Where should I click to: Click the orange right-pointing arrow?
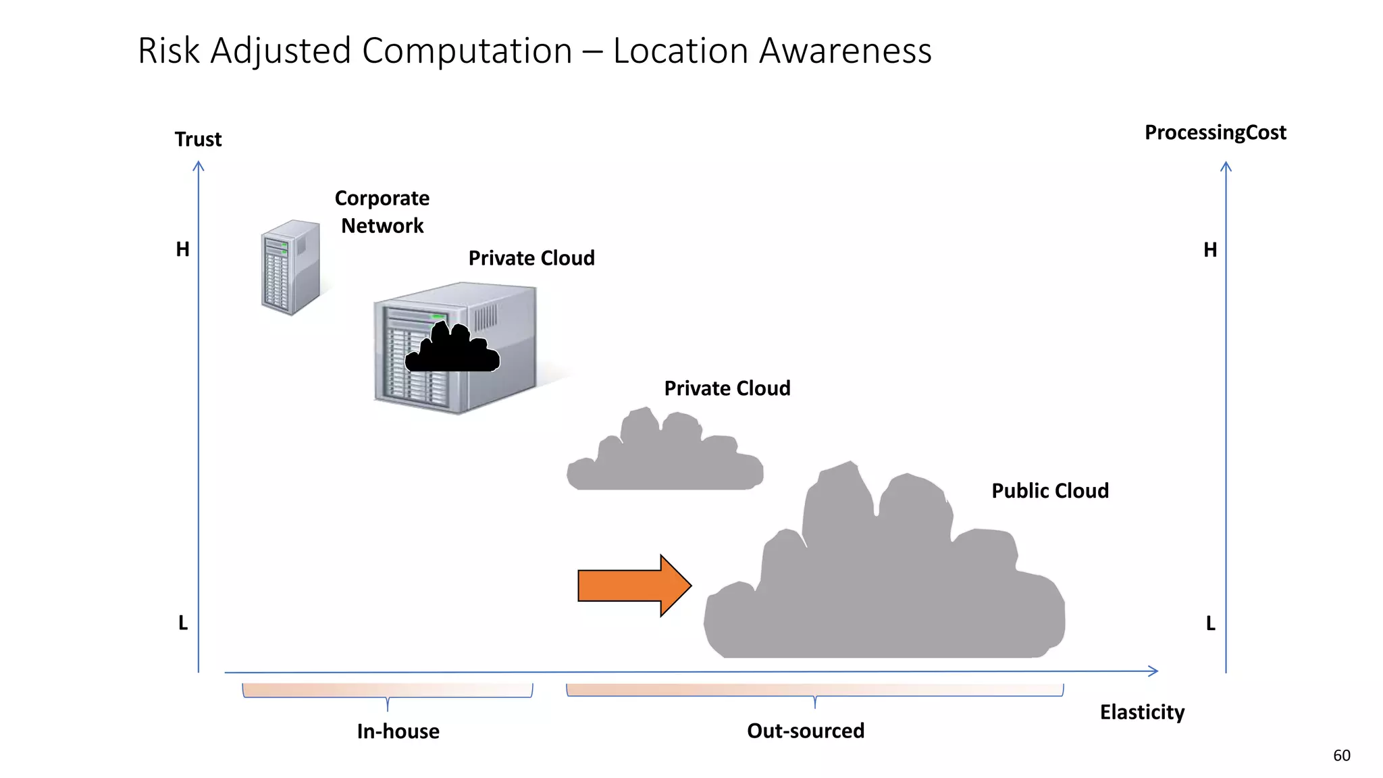[x=631, y=586]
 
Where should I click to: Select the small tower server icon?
[x=290, y=267]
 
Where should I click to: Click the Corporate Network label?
[x=382, y=211]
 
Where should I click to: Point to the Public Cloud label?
[x=1049, y=490]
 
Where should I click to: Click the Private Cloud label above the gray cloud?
[x=727, y=388]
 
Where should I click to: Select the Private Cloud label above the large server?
[x=531, y=258]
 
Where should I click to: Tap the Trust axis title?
[x=198, y=139]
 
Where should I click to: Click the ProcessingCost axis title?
[x=1215, y=132]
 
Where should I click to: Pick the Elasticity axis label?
[x=1142, y=712]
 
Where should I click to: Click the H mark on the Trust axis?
[x=182, y=249]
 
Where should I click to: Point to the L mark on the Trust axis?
[x=183, y=623]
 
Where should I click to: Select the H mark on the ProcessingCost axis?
[x=1210, y=250]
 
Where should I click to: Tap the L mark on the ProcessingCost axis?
[x=1211, y=623]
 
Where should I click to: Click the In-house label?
[x=398, y=731]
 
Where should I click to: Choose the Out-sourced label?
[x=805, y=731]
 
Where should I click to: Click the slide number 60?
[x=1341, y=756]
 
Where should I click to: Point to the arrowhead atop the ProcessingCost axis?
[x=1226, y=166]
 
